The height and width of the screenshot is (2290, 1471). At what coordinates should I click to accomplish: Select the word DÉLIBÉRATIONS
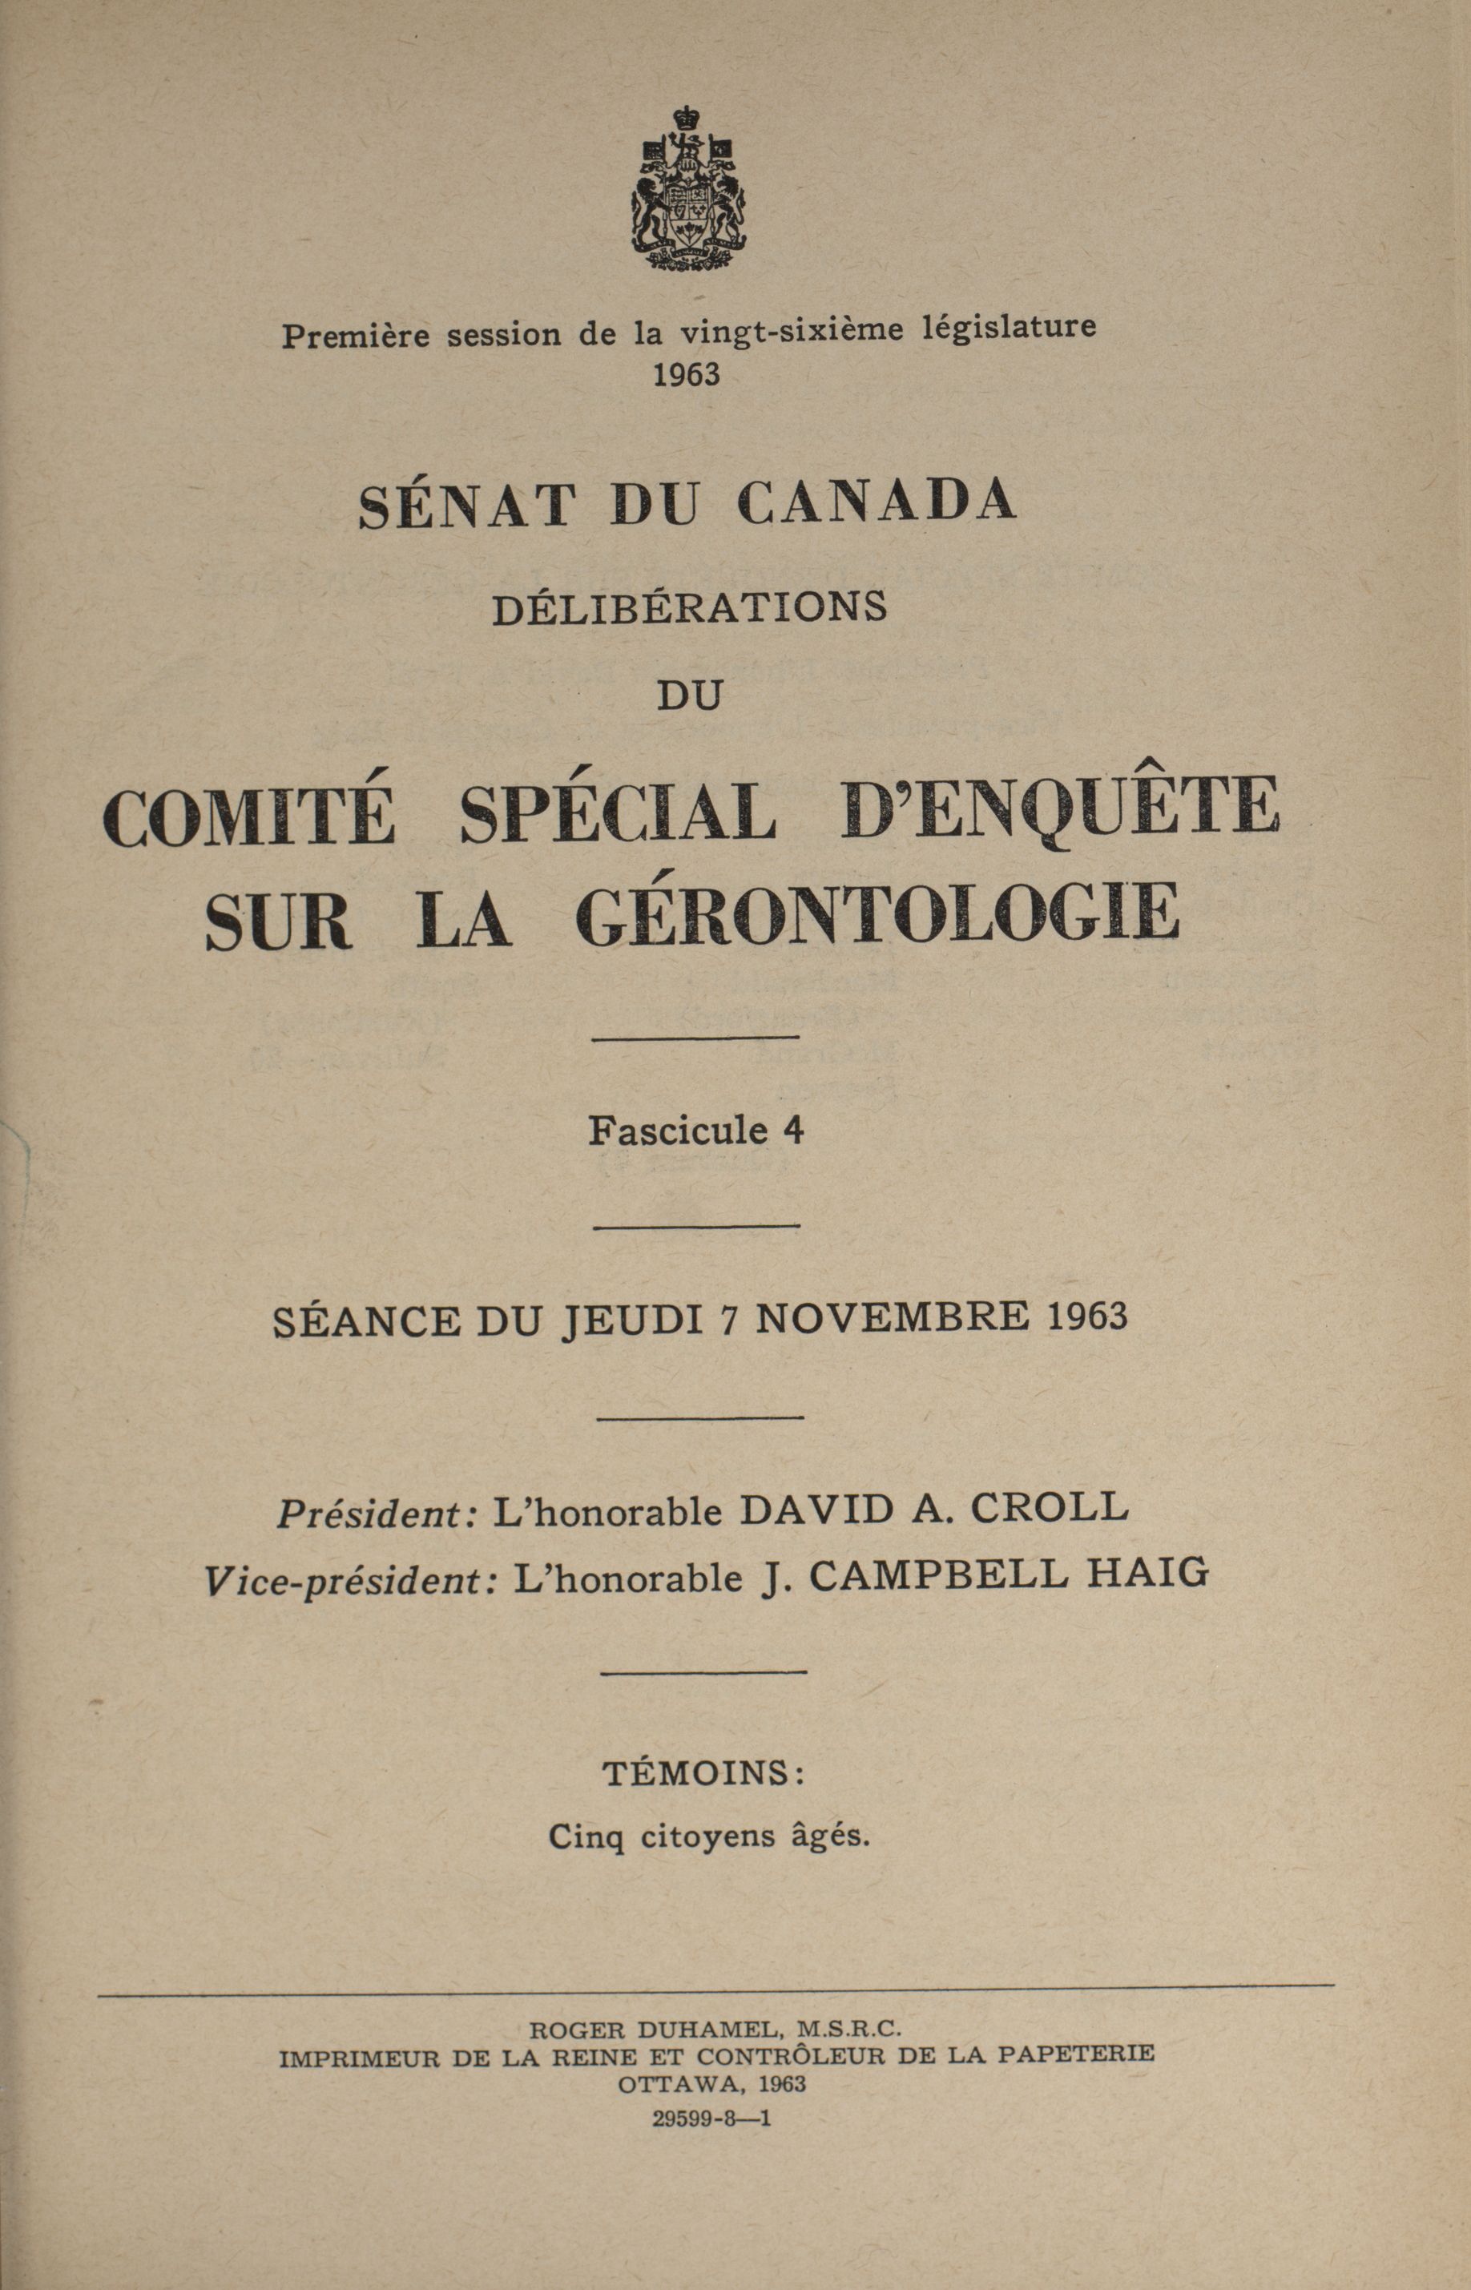690,608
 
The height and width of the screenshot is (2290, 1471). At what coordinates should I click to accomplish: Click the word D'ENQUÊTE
1059,808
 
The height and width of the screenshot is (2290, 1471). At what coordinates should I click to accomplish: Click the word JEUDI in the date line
631,1320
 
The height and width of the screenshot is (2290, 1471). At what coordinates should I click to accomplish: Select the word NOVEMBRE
893,1318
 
